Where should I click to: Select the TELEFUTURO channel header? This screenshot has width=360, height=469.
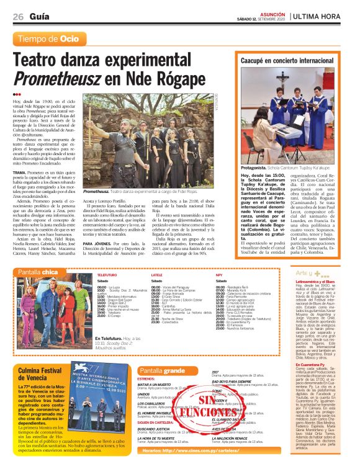(107, 274)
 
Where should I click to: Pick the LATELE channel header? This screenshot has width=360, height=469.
(156, 274)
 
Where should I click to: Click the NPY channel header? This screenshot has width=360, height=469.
(219, 274)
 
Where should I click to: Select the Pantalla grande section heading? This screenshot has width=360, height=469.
(162, 370)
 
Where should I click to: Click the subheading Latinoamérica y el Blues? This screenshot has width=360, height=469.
(315, 281)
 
